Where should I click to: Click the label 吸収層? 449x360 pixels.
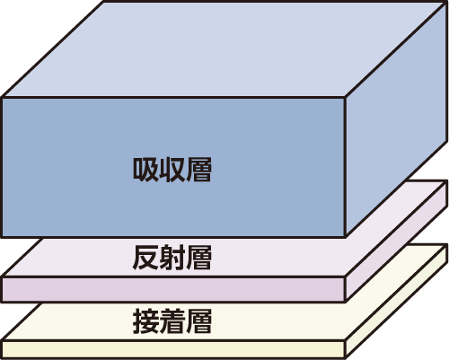pyautogui.click(x=172, y=170)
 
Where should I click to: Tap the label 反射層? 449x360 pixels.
pyautogui.click(x=172, y=258)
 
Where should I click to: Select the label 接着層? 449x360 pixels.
pyautogui.click(x=172, y=321)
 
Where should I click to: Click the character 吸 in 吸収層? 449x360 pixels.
pyautogui.click(x=145, y=170)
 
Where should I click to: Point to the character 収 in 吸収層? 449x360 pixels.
pyautogui.click(x=172, y=170)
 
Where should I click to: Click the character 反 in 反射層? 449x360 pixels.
pyautogui.click(x=145, y=258)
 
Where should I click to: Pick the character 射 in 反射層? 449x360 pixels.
pyautogui.click(x=172, y=258)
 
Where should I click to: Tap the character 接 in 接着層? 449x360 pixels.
pyautogui.click(x=145, y=321)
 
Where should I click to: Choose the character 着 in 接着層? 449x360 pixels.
pyautogui.click(x=172, y=321)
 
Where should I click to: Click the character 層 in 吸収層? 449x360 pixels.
pyautogui.click(x=198, y=170)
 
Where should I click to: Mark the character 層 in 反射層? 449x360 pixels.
pyautogui.click(x=198, y=258)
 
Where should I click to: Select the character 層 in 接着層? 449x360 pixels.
pyautogui.click(x=198, y=321)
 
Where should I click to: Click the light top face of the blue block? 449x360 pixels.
pyautogui.click(x=224, y=49)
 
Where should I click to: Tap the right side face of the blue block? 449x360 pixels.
pyautogui.click(x=397, y=119)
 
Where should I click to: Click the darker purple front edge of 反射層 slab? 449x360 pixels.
pyautogui.click(x=173, y=289)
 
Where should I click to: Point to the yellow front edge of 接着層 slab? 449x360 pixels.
pyautogui.click(x=173, y=349)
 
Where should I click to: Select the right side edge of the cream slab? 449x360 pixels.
pyautogui.click(x=397, y=301)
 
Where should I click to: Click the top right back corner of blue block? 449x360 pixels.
pyautogui.click(x=446, y=3)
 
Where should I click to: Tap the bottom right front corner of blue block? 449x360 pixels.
pyautogui.click(x=346, y=236)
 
